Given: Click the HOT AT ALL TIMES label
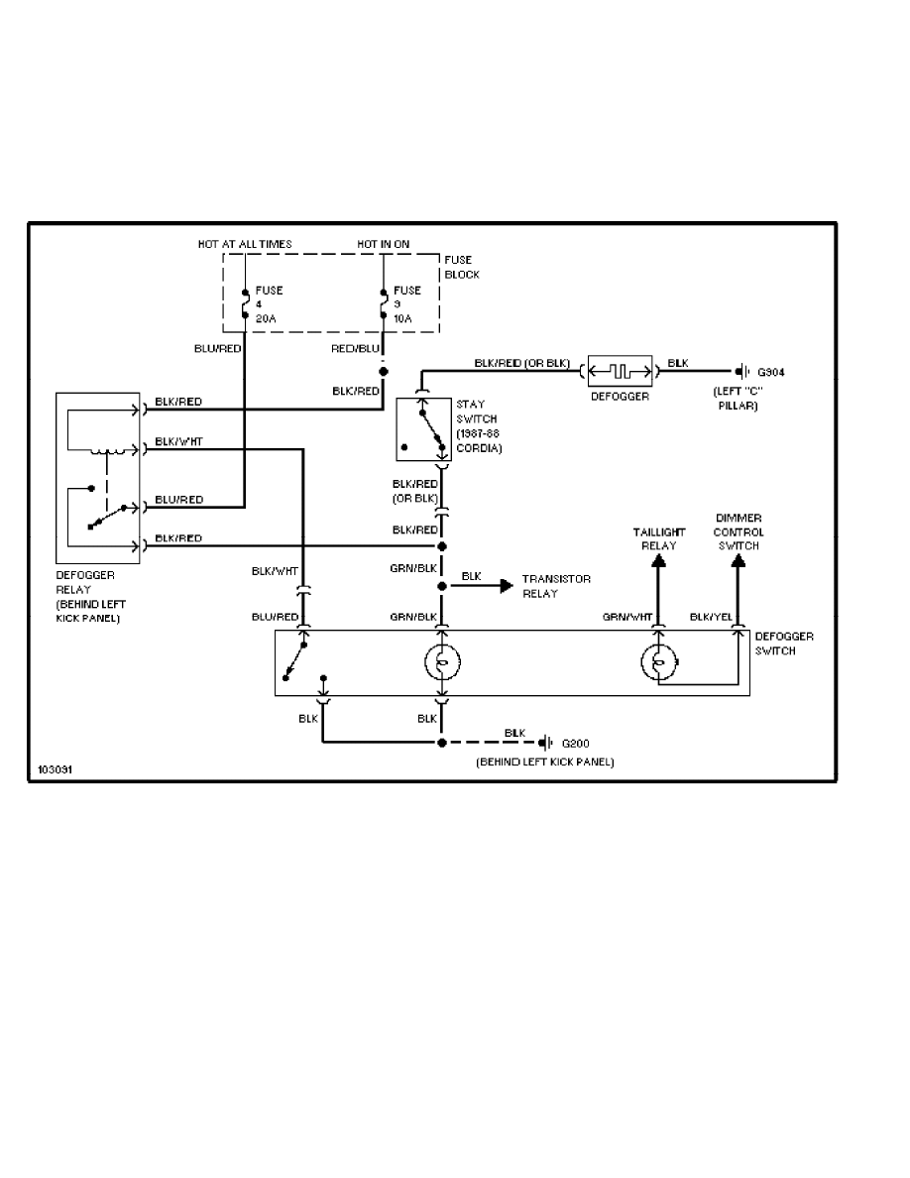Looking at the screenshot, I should click(244, 244).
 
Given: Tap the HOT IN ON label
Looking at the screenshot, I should click(384, 244).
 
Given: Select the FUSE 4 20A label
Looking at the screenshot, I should click(269, 304).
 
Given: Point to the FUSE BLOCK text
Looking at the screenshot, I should click(461, 267).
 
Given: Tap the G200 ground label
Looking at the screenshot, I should click(576, 743).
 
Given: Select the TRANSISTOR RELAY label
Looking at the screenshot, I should click(556, 585).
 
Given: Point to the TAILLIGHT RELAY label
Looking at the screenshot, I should click(659, 539).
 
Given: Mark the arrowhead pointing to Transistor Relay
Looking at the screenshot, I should click(506, 585).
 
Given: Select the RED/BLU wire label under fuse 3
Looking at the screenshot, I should click(355, 348).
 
